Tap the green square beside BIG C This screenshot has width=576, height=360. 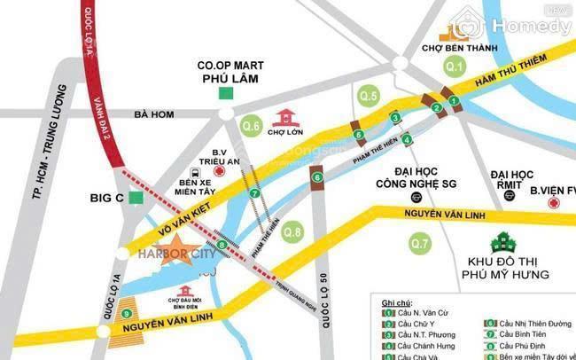point(136,198)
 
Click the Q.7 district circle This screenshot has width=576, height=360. point(420,241)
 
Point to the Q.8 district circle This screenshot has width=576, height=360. point(292,232)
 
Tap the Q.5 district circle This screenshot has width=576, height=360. point(369,96)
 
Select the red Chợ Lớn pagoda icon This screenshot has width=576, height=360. point(285,117)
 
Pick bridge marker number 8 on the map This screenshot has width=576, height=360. point(221,245)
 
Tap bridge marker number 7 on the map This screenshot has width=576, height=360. point(255,192)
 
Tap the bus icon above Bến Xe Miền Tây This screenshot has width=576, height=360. point(195,174)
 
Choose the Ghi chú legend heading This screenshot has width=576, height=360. point(396,303)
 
